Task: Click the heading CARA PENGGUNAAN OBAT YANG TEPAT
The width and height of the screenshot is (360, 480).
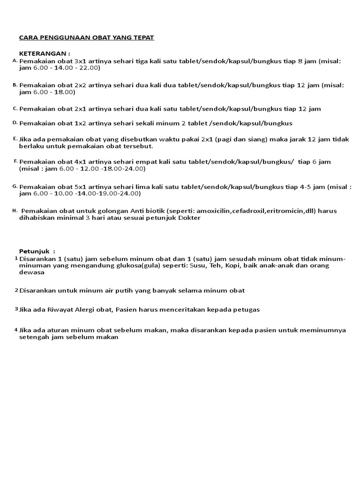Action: point(86,37)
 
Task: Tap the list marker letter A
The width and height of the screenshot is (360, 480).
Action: point(15,61)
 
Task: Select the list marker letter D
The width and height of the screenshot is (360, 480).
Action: point(15,122)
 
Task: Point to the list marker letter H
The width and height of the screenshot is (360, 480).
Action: point(15,211)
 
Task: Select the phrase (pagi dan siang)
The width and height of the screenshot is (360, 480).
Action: point(237,140)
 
